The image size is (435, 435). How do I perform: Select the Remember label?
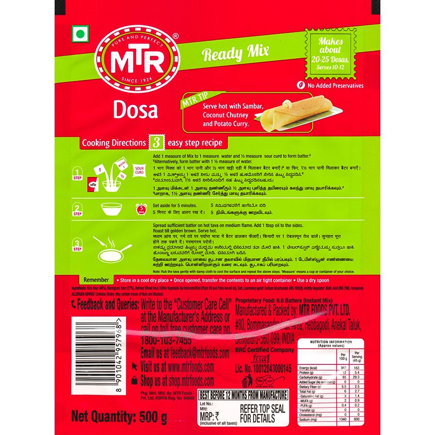tap(96, 279)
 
